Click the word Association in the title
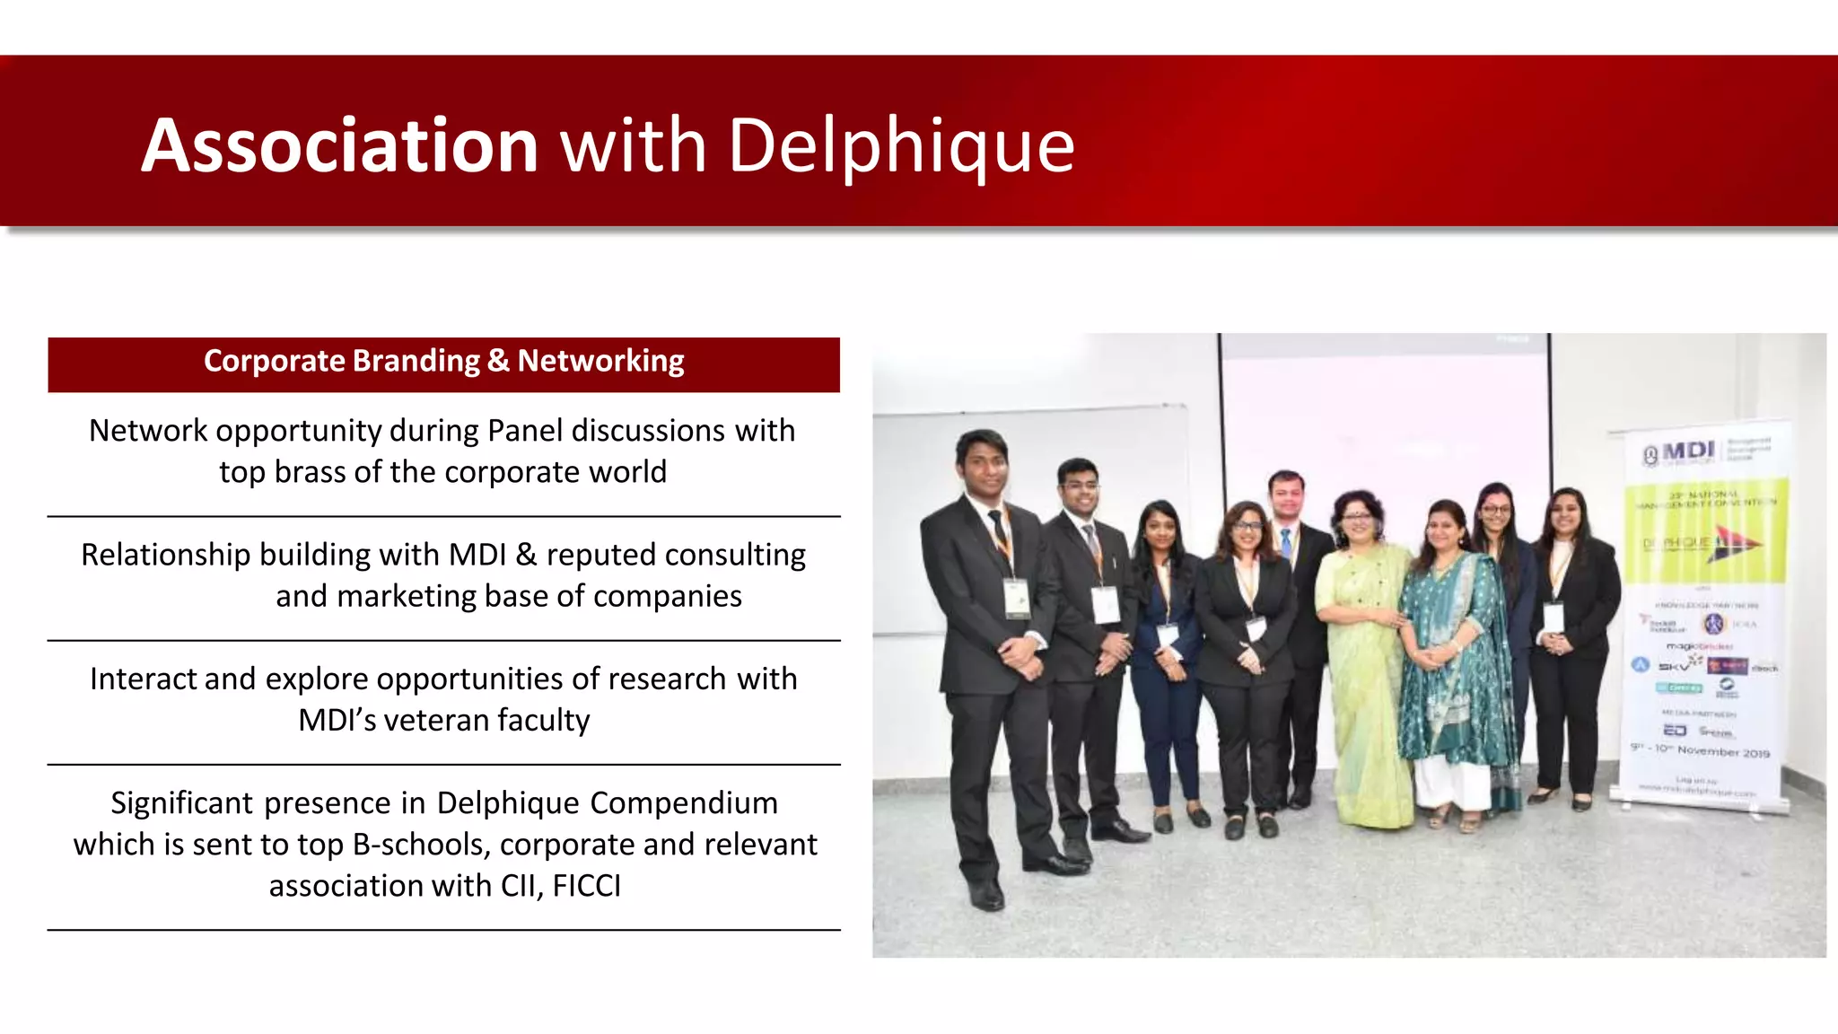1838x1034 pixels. tap(339, 145)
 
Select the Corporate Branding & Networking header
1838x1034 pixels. tap(443, 362)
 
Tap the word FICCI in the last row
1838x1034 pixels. tap(586, 886)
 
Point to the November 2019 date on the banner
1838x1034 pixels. tap(1722, 751)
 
